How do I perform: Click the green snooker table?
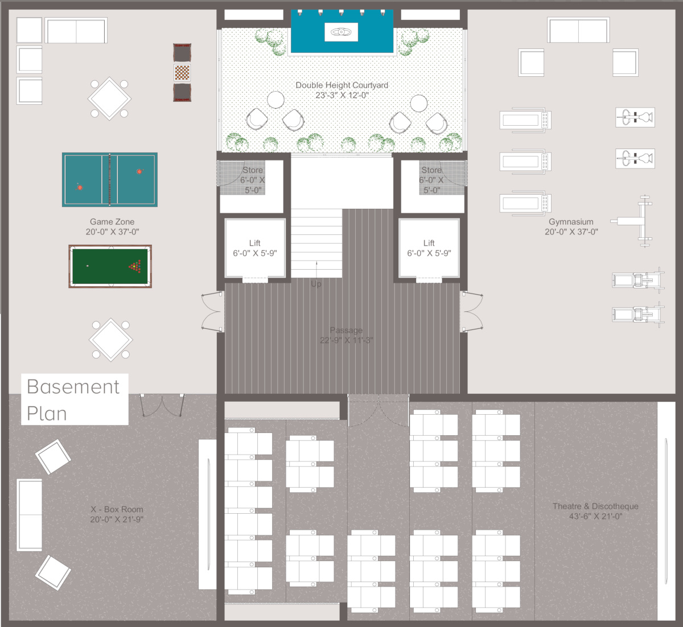(x=110, y=266)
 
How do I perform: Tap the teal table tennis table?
(x=110, y=180)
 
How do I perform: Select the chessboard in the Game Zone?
(x=182, y=73)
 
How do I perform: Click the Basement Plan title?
(x=73, y=399)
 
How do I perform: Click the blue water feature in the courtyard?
(x=342, y=32)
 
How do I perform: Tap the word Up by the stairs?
(x=316, y=284)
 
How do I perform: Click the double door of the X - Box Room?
(x=163, y=405)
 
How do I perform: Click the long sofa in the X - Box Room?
(x=30, y=515)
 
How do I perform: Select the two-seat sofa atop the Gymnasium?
(x=578, y=30)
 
